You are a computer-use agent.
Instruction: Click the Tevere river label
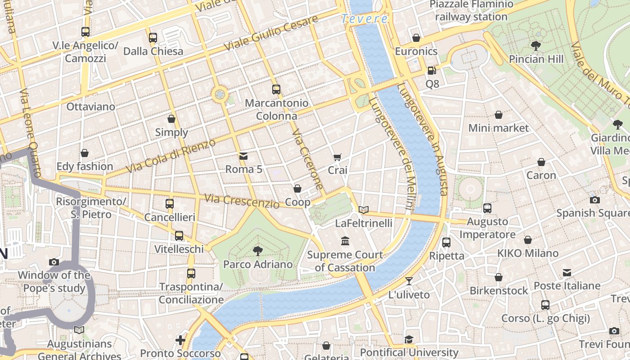[364, 19]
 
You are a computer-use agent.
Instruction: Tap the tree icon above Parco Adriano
[257, 251]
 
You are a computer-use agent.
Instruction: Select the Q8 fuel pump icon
[432, 71]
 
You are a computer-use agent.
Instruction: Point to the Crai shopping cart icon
[337, 157]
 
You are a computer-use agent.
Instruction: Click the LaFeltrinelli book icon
[364, 210]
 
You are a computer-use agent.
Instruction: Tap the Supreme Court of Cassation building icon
[345, 241]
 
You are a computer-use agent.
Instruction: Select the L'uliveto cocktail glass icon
[409, 282]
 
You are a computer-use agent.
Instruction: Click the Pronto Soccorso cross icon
[180, 340]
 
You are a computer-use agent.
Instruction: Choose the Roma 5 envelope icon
[243, 156]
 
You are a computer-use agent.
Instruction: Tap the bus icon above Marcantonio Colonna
[276, 90]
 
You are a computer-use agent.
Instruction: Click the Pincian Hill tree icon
[535, 46]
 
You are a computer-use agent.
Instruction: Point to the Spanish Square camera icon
[595, 200]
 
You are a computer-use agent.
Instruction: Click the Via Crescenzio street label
[242, 201]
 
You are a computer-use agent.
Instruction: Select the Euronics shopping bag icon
[416, 38]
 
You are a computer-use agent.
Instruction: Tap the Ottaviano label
[91, 107]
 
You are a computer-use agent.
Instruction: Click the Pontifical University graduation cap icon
[409, 339]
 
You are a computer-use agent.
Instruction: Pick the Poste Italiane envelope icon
[567, 273]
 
